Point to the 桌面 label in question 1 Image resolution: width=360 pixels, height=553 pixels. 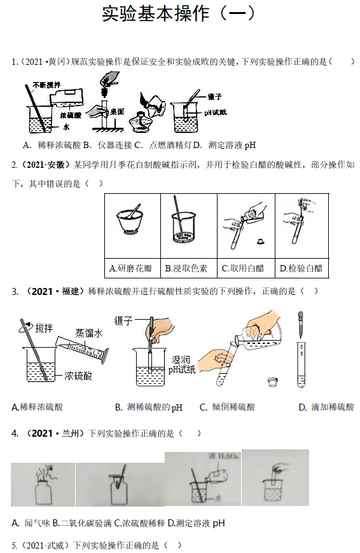(x=116, y=111)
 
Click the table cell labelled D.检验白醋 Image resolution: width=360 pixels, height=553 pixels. (x=301, y=268)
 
